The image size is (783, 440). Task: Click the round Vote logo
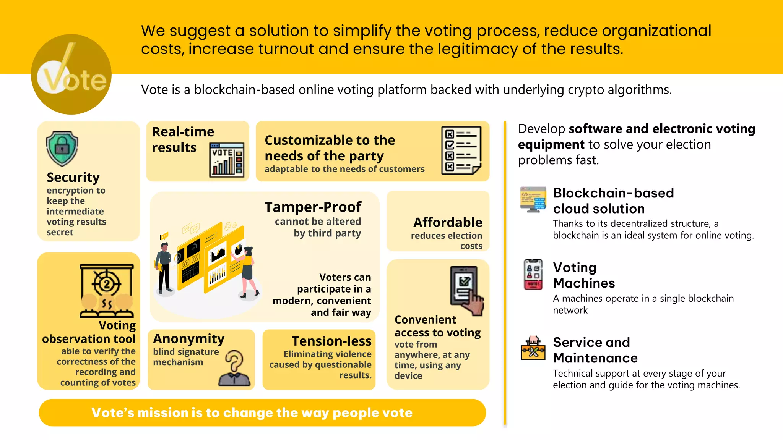71,74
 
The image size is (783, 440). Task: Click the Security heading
73,177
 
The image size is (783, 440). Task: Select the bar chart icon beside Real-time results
227,160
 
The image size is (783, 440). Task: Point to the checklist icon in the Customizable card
461,150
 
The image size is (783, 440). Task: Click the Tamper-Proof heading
313,207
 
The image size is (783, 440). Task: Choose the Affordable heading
448,222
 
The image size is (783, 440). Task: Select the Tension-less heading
331,341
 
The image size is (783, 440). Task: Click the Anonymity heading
189,339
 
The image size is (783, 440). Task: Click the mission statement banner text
252,412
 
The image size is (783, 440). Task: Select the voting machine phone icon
533,275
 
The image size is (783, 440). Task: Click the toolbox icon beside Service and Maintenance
533,348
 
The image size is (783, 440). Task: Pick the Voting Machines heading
584,275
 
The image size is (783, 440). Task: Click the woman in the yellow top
248,271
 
